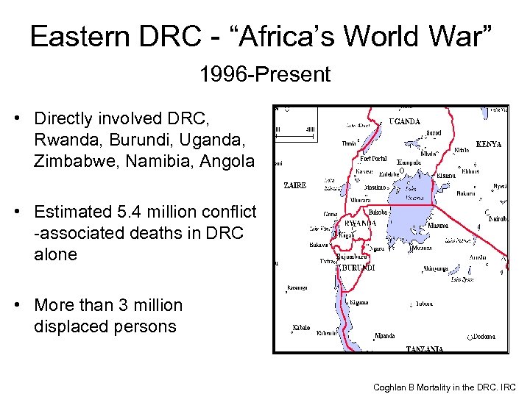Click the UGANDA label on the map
pos(404,121)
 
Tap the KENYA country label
pos(489,145)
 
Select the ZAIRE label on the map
pos(294,186)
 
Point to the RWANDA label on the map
pos(360,223)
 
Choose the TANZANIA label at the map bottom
pos(424,348)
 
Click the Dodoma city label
pos(483,337)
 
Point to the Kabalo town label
pos(300,327)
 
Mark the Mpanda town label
pos(385,336)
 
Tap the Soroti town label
pos(434,134)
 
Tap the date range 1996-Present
pos(264,74)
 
